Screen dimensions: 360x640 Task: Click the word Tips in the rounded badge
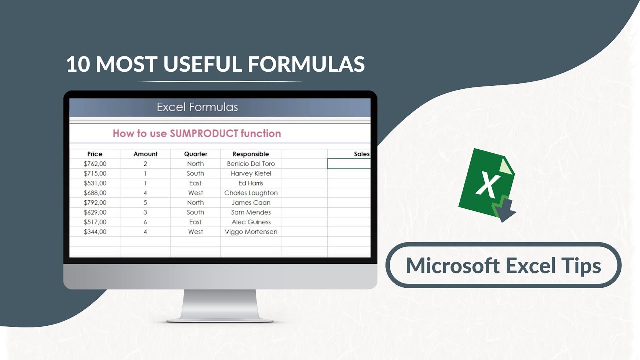coord(580,265)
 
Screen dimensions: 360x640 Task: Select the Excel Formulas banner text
coord(197,107)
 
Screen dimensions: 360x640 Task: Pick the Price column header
coord(95,154)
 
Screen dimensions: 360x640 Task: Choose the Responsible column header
coord(251,154)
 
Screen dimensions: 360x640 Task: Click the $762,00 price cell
coord(95,164)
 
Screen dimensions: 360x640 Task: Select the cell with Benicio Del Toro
coord(251,164)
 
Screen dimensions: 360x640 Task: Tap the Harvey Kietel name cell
coord(251,173)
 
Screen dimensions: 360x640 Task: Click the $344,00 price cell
coord(95,232)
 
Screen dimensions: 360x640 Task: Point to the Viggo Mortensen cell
coord(251,232)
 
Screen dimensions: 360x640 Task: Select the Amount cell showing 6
coord(145,222)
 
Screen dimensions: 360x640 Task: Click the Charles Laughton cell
coord(251,193)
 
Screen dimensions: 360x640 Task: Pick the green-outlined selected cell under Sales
coord(349,164)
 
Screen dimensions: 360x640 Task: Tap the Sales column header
coord(361,154)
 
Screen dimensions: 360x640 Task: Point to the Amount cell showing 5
coord(145,203)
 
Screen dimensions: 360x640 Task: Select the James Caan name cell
coord(251,203)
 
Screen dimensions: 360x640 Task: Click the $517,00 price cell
coord(95,222)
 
